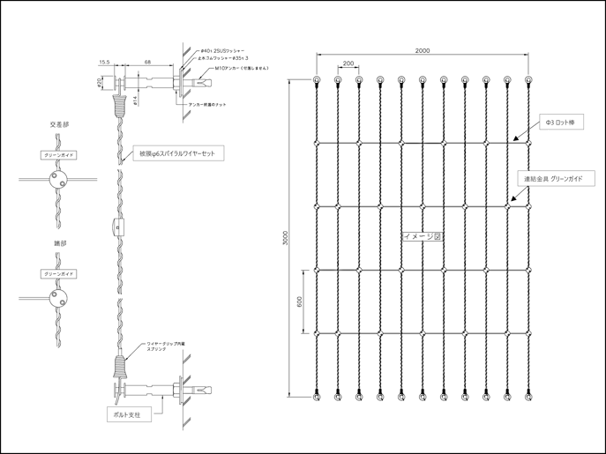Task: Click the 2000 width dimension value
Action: [x=422, y=51]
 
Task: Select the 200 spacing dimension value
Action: [x=348, y=63]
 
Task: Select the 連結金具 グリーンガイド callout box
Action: [x=558, y=179]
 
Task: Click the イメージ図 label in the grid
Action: [x=422, y=237]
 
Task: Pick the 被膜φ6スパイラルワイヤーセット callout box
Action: [x=176, y=153]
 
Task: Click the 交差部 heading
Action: [x=60, y=125]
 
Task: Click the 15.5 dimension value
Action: [x=104, y=63]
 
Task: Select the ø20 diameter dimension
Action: [x=99, y=82]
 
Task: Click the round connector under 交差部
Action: [x=60, y=181]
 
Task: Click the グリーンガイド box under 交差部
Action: [x=60, y=154]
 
